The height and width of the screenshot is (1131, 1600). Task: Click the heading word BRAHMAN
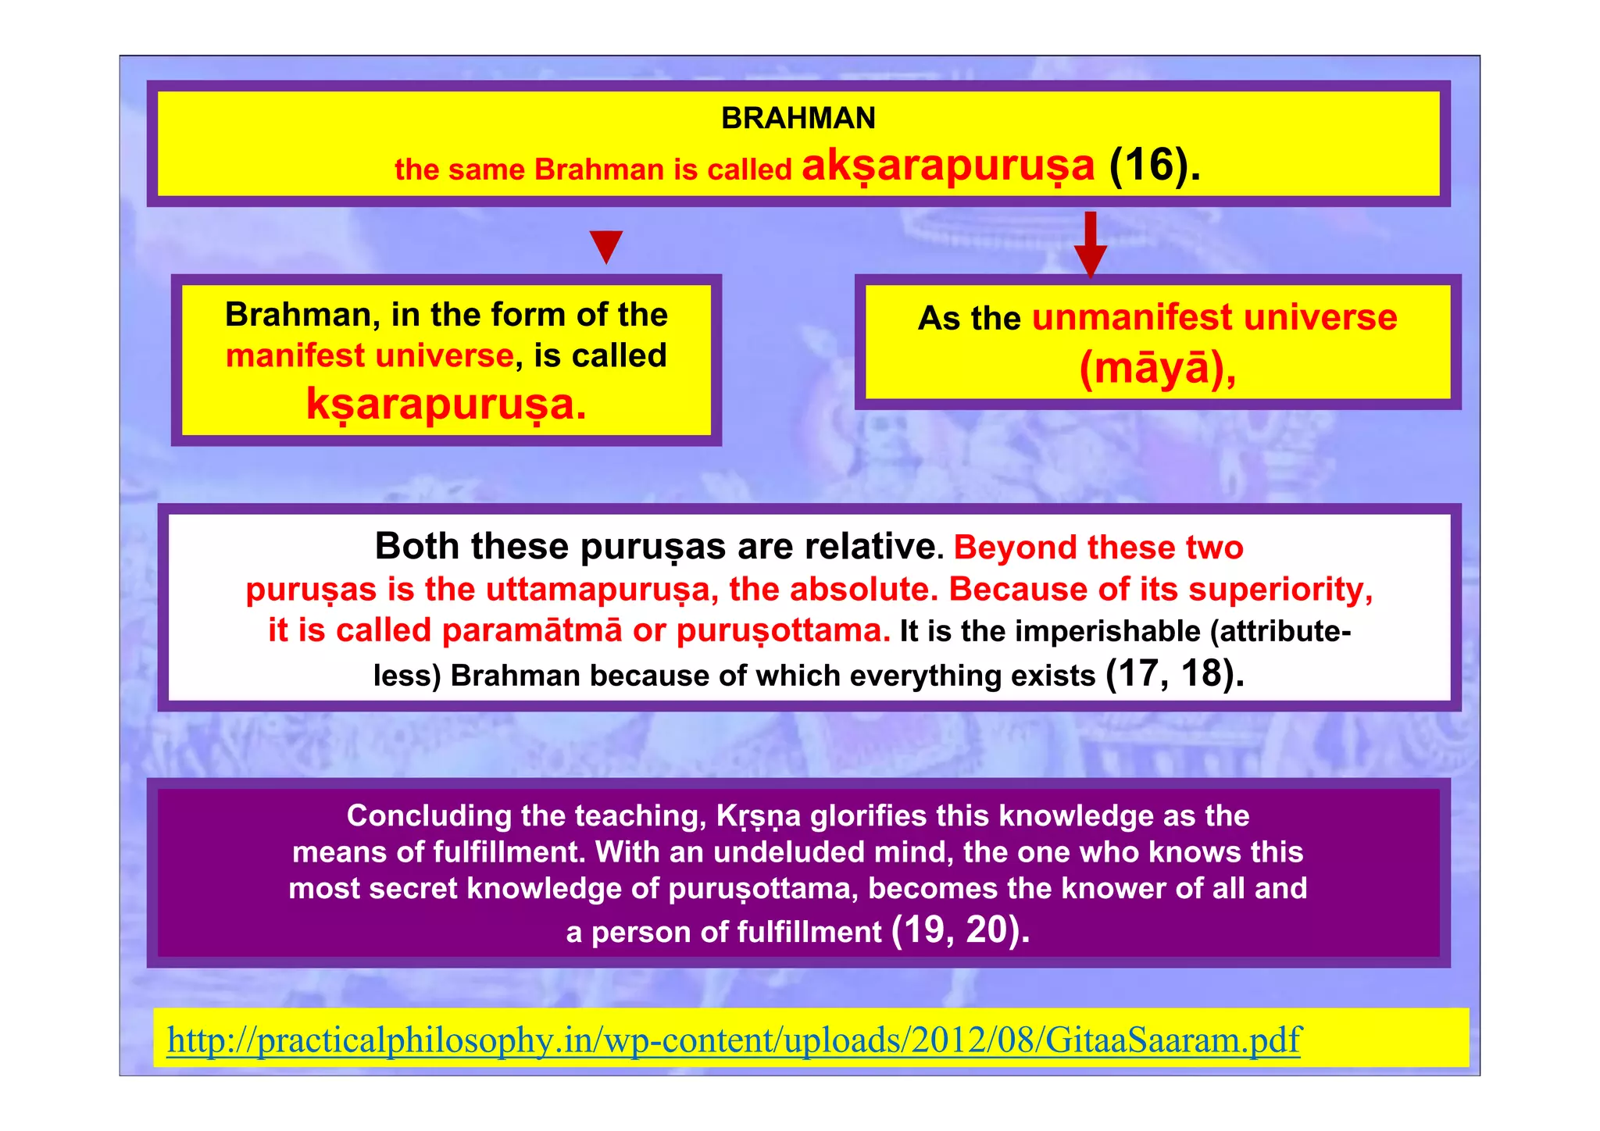click(x=798, y=119)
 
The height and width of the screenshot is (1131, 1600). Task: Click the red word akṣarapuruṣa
click(x=948, y=166)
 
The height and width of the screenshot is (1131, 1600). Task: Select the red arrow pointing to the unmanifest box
click(x=1091, y=245)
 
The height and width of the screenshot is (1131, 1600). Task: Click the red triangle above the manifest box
click(x=606, y=246)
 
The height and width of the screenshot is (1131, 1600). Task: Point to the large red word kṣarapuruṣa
click(x=446, y=405)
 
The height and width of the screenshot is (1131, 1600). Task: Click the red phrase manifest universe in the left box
click(x=370, y=356)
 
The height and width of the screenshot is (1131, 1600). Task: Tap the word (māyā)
click(x=1157, y=368)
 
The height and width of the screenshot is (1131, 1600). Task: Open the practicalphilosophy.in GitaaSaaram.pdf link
click(x=734, y=1040)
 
